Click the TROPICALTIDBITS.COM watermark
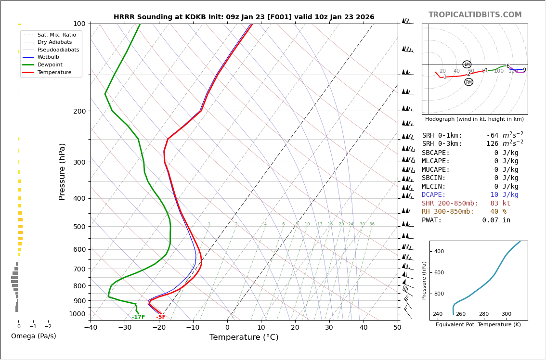[475, 15]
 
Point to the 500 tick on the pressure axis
[79, 227]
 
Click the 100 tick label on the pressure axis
[79, 24]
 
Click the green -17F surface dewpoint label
[138, 317]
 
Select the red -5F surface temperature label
[161, 317]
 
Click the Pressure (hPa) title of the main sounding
[62, 171]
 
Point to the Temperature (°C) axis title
[244, 337]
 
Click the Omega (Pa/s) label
[34, 336]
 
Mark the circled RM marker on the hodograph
[468, 82]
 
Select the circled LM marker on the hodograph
[467, 64]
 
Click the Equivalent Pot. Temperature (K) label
[478, 325]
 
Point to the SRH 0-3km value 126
[493, 144]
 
